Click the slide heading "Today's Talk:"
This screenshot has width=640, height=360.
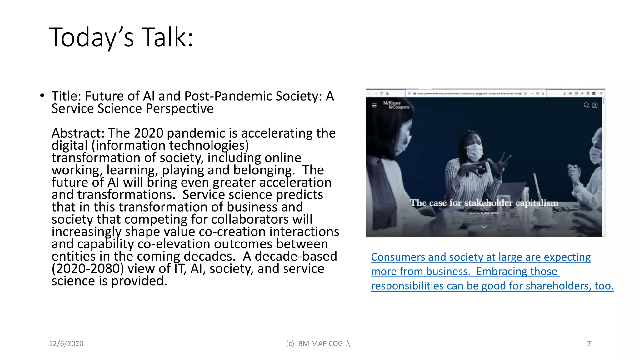[121, 37]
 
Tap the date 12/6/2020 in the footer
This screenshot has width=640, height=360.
[66, 343]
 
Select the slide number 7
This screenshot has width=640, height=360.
[589, 343]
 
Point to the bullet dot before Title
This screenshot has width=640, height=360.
[42, 96]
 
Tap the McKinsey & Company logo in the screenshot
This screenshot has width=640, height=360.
[396, 105]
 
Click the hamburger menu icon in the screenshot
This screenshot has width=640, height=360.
[374, 105]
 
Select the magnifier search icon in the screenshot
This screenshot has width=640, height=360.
[586, 105]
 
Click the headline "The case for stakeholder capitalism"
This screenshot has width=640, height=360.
[484, 203]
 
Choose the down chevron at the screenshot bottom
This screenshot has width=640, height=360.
[484, 227]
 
